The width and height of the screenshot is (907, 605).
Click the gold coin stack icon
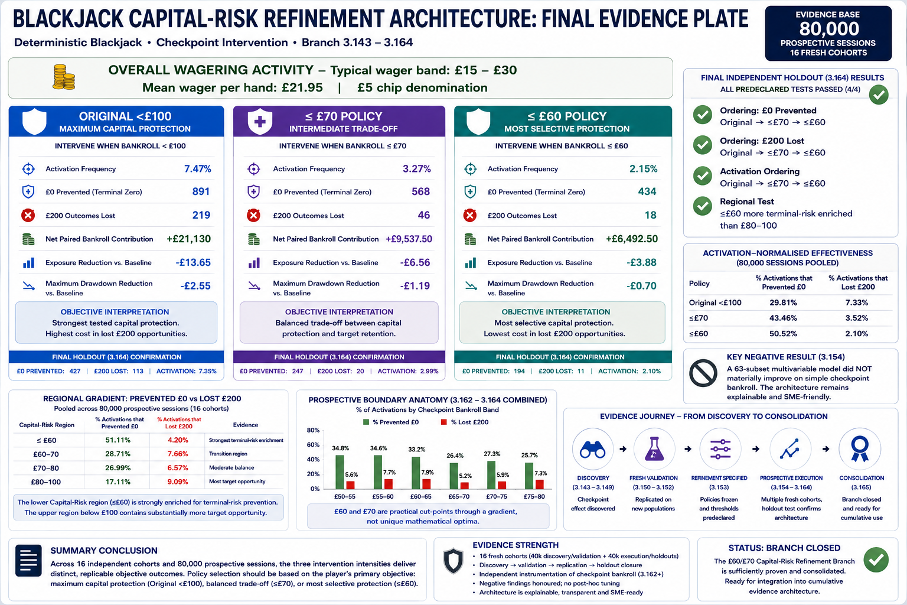(x=64, y=77)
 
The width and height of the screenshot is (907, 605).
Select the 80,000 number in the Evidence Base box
(x=829, y=29)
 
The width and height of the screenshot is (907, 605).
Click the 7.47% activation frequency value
(x=198, y=168)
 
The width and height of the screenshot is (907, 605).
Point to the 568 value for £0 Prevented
(x=420, y=191)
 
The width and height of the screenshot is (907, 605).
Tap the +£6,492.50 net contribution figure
(x=632, y=239)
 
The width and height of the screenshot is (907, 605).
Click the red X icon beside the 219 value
(x=28, y=215)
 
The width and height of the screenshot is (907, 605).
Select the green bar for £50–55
(x=340, y=471)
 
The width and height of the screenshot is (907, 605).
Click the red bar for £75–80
(x=540, y=484)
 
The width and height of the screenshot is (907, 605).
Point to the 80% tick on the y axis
(x=314, y=430)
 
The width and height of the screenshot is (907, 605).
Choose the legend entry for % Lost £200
(x=465, y=422)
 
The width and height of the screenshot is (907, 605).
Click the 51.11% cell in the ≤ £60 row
(x=118, y=440)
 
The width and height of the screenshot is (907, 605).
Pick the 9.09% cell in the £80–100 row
(x=178, y=482)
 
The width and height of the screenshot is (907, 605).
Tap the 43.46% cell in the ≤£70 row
(x=783, y=318)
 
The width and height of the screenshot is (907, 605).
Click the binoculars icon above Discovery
(x=593, y=450)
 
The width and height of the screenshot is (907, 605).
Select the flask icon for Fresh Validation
(x=654, y=448)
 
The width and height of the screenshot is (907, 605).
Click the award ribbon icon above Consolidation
(x=860, y=448)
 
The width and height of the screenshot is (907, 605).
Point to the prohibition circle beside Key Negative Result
(x=703, y=373)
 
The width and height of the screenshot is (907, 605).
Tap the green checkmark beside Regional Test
(x=703, y=206)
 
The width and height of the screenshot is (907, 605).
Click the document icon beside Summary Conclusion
(x=28, y=561)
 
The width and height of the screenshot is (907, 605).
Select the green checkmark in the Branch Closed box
(x=876, y=560)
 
